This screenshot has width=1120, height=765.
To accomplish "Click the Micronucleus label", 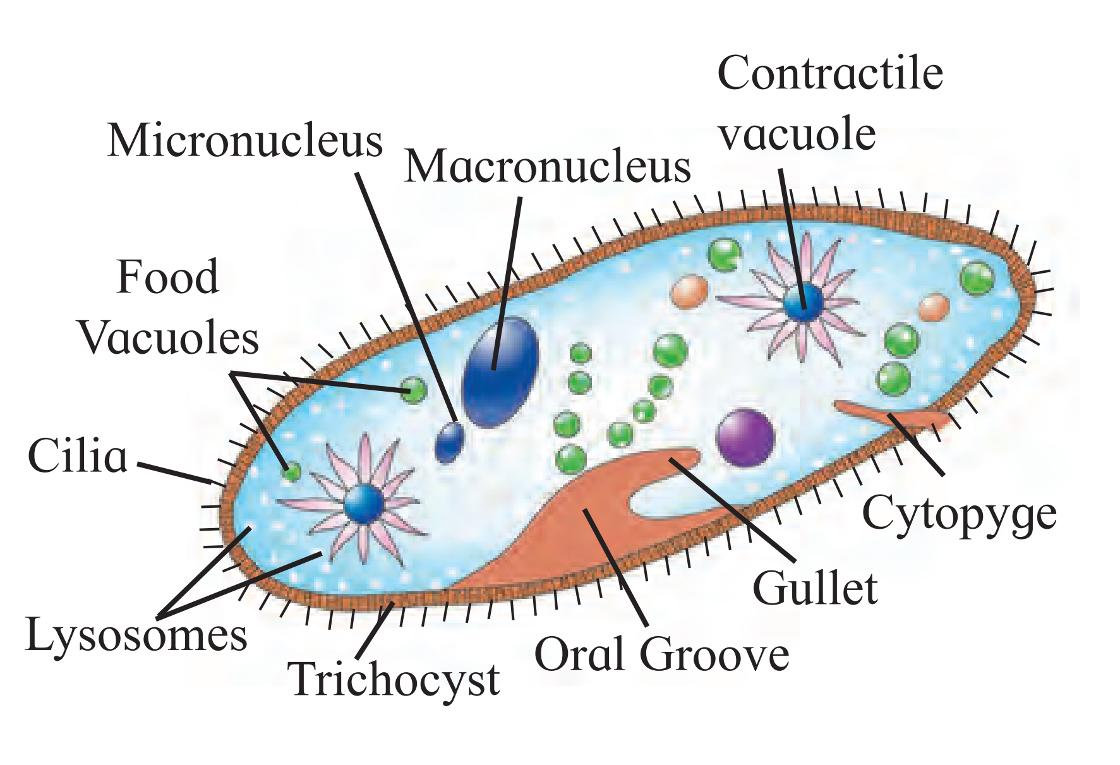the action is pos(245,140).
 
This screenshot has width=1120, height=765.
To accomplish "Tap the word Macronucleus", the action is pos(547,167).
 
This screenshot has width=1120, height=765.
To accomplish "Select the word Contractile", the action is pos(830,73).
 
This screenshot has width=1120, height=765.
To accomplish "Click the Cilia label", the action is pos(78,455).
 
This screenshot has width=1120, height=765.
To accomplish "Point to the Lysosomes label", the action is pos(136,635).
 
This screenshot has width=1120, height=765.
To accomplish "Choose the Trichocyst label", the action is pos(394,680).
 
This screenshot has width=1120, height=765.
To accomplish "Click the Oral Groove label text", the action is pos(661,654).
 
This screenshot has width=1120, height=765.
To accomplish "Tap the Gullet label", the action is pos(815,588).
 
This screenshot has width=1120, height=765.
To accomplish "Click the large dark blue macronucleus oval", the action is pos(500,372).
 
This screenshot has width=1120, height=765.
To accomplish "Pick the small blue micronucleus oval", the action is pos(449,442).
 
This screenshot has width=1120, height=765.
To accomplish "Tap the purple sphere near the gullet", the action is pos(745,438).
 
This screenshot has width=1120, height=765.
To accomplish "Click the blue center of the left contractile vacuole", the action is pos(364,503).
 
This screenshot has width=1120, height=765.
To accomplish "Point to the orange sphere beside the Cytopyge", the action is pos(934,308).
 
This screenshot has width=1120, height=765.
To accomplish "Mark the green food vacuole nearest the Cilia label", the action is pos(292,471).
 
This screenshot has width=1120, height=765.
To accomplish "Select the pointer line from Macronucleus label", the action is pos(507,283).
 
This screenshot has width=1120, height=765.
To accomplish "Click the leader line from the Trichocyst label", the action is pos(375,630).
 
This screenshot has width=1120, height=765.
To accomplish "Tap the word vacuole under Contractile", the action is pos(797,134).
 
